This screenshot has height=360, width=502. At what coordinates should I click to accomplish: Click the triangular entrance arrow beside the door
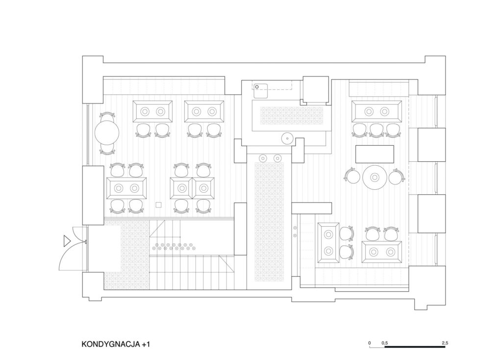[x=67, y=241]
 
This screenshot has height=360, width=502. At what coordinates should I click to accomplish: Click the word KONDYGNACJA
[x=111, y=344]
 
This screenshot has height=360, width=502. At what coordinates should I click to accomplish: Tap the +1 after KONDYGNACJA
[x=146, y=344]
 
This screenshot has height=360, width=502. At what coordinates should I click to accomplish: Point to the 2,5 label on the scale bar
[x=445, y=343]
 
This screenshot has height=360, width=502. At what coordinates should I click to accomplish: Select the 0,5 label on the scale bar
[x=384, y=343]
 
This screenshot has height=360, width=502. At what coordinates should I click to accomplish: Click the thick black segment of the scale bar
[x=415, y=347]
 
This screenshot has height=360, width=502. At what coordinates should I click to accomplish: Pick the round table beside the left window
[x=106, y=132]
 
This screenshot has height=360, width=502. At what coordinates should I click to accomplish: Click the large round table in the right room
[x=375, y=177]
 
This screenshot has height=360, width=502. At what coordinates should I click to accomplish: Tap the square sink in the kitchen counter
[x=261, y=91]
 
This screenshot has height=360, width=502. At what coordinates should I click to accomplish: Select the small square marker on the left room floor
[x=158, y=205]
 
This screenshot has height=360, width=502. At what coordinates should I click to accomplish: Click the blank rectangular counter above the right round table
[x=375, y=154]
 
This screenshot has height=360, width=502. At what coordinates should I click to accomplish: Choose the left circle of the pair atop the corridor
[x=263, y=157]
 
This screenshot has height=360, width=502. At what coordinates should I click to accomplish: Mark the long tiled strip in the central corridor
[x=269, y=222]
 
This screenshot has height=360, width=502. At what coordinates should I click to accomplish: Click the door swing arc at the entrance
[x=66, y=257]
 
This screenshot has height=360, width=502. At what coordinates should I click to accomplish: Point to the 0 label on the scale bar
[x=370, y=343]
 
